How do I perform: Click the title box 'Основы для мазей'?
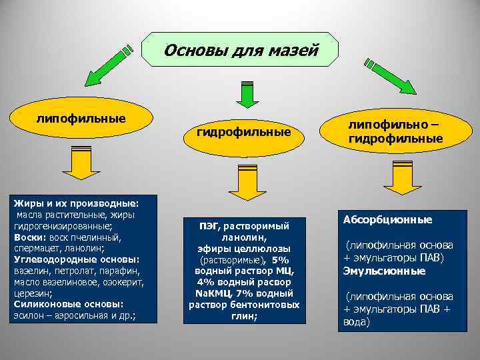pyautogui.click(x=241, y=50)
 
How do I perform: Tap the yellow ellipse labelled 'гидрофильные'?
pyautogui.click(x=243, y=133)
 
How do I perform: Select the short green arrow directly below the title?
pyautogui.click(x=247, y=93)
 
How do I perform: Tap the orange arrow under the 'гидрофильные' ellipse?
pyautogui.click(x=246, y=183)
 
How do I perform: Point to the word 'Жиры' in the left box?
pyautogui.click(x=25, y=202)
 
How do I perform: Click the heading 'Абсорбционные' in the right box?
pyautogui.click(x=387, y=219)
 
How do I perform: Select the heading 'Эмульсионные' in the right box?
pyautogui.click(x=385, y=271)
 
